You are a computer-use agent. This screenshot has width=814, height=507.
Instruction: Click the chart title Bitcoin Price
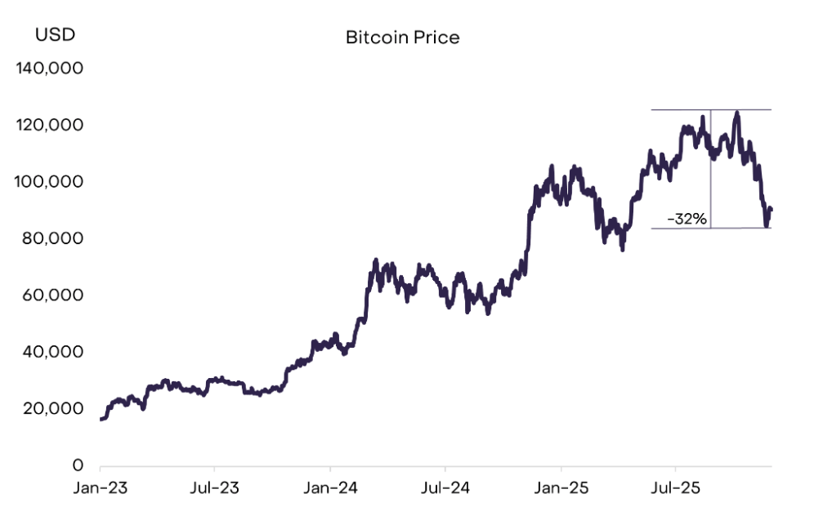(402, 38)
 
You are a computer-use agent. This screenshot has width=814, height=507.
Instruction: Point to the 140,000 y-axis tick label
(50, 69)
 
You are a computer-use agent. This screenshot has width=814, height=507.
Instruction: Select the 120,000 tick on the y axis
(50, 125)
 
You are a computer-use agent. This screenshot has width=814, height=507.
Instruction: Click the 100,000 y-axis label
(50, 181)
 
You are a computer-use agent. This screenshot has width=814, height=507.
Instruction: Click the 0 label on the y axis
(78, 465)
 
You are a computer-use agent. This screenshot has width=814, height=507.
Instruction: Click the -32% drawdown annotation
(687, 219)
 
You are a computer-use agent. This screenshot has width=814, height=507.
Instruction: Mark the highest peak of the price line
(737, 113)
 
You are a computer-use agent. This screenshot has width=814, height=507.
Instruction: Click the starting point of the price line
(101, 419)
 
